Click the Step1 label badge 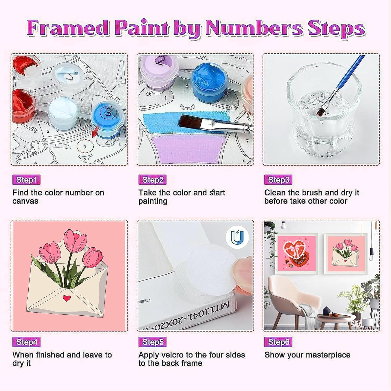27,180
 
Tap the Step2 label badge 152,180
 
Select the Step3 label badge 278,180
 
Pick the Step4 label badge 27,342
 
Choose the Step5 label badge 152,342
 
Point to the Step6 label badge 278,342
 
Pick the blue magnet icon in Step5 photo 237,237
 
